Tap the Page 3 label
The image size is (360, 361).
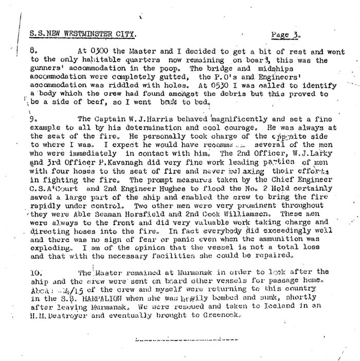pyautogui.click(x=285, y=35)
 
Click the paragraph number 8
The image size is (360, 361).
pyautogui.click(x=34, y=51)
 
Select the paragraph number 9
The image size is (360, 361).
pyautogui.click(x=34, y=118)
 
